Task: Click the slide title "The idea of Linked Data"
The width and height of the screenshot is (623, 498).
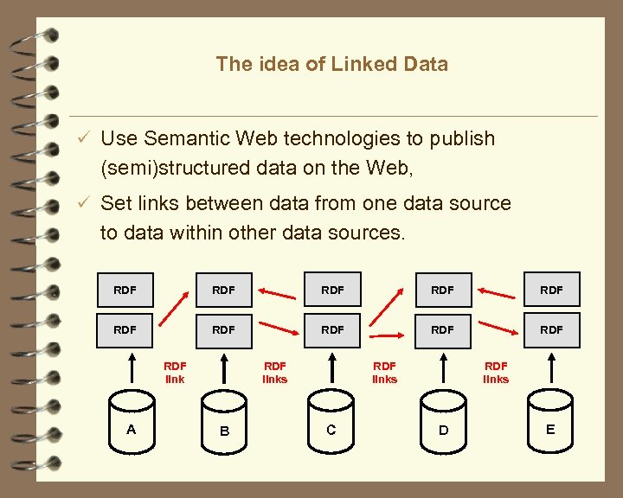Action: tap(331, 64)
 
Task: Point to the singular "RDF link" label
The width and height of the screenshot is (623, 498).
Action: tap(175, 373)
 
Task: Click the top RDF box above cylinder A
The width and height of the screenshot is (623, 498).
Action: tap(125, 290)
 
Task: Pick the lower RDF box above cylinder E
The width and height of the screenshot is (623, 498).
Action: tap(550, 329)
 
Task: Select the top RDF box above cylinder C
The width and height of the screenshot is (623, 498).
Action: tap(332, 290)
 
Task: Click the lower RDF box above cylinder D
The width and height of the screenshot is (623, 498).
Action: tap(442, 329)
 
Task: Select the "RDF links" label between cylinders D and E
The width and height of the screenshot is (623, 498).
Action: tap(496, 373)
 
